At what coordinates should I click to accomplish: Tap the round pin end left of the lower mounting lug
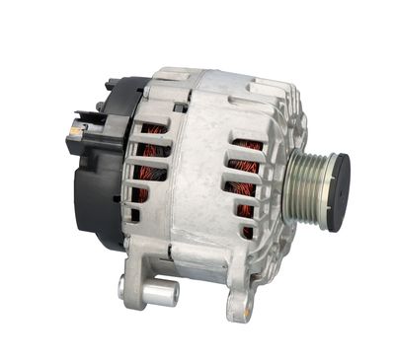121,287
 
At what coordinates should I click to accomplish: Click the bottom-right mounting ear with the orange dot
238,301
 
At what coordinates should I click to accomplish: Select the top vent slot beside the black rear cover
152,129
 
